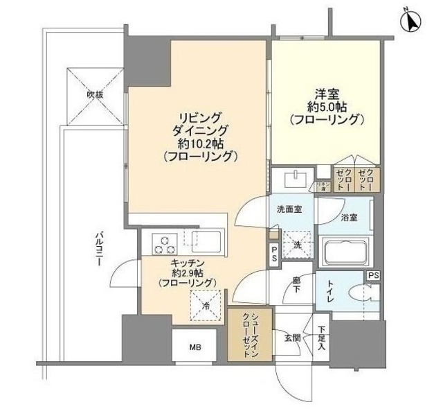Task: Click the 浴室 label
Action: pyautogui.click(x=349, y=217)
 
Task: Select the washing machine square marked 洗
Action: pyautogui.click(x=296, y=244)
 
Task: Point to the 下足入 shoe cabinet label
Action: pyautogui.click(x=322, y=339)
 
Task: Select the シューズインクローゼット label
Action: pyautogui.click(x=251, y=334)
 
